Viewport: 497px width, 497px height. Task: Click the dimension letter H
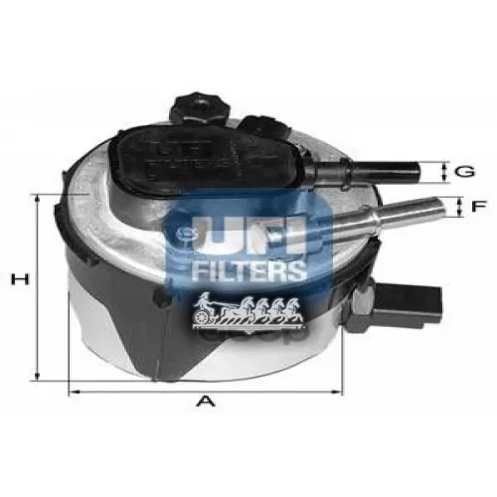(17, 282)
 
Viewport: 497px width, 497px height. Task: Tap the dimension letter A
(206, 402)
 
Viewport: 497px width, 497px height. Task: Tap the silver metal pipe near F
(388, 211)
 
